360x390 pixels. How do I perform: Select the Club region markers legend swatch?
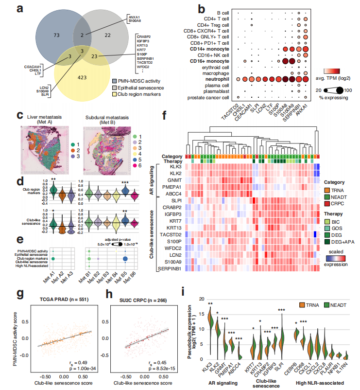tap(114, 93)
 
